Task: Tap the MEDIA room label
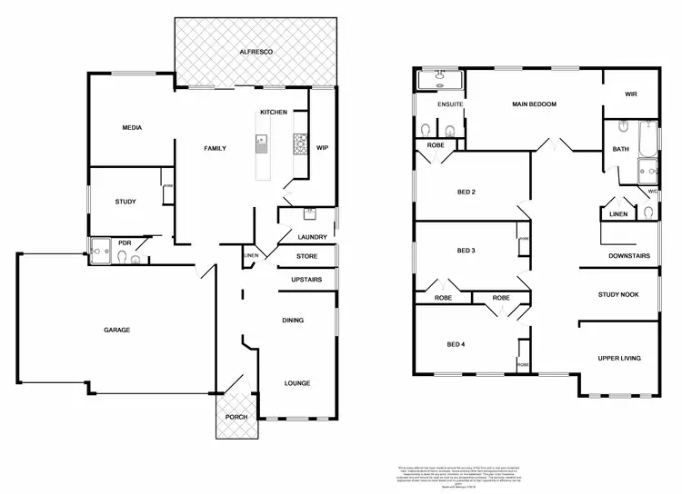[132, 128]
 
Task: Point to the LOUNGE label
[296, 383]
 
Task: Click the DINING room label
[293, 320]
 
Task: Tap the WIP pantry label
[322, 147]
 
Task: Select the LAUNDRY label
[312, 238]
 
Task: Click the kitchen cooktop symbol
[297, 142]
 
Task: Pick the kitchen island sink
[261, 142]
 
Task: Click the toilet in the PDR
[135, 260]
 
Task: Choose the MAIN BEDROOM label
[534, 104]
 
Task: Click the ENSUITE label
[451, 104]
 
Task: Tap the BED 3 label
[466, 250]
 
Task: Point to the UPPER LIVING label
[620, 358]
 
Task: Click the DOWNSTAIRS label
[628, 256]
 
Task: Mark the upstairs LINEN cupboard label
[618, 214]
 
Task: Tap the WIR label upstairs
[630, 94]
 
